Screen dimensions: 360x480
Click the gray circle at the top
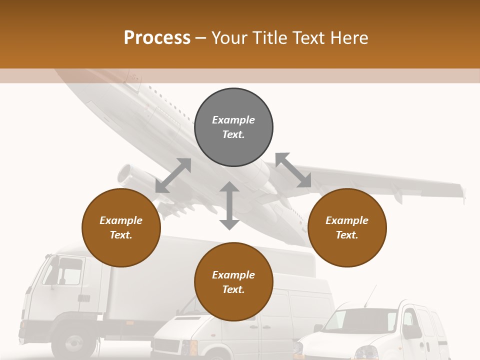[233, 127]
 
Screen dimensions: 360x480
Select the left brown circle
[121, 227]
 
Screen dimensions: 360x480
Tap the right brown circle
[347, 227]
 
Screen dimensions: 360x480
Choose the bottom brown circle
[233, 282]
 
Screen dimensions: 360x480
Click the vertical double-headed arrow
[229, 205]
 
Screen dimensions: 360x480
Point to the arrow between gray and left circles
[173, 175]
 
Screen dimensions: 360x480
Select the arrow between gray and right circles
[293, 170]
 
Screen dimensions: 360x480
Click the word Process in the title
[157, 37]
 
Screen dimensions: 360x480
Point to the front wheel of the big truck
[75, 344]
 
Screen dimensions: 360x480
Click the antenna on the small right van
[369, 295]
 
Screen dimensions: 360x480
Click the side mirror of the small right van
[411, 330]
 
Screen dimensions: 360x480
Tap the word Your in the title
[228, 37]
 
